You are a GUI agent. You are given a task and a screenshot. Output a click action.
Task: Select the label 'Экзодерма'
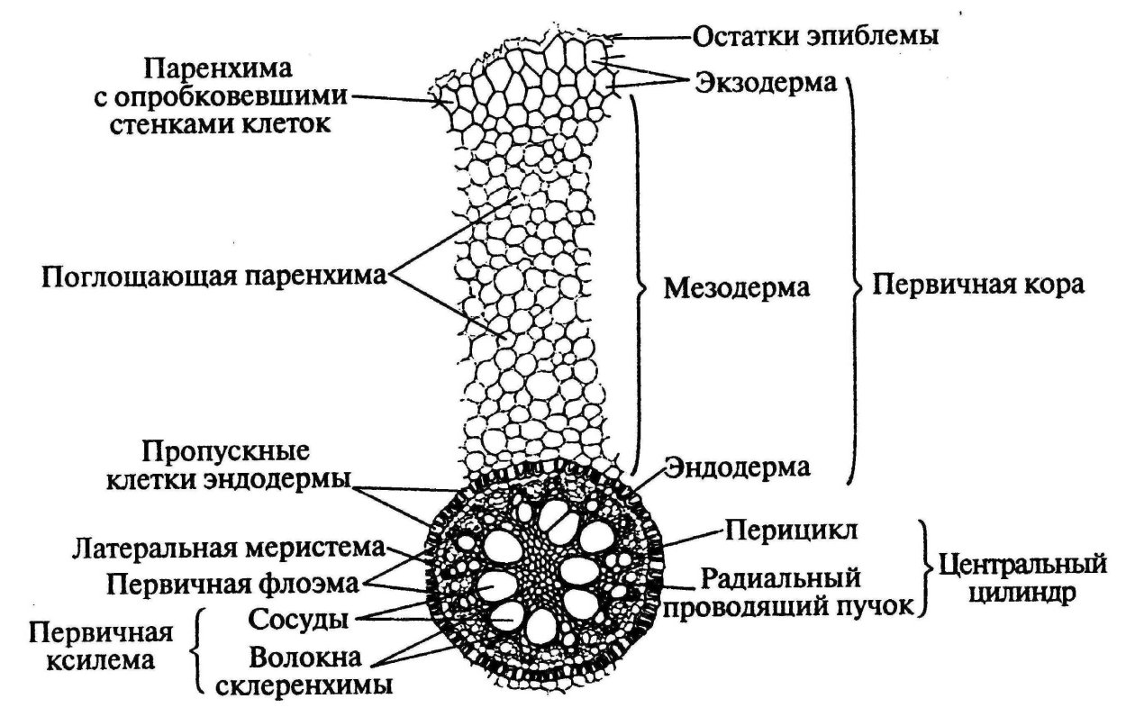[x=766, y=83]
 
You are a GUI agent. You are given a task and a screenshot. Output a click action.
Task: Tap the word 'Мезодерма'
[x=737, y=288]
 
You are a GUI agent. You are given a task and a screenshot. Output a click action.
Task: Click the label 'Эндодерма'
[x=738, y=467]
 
